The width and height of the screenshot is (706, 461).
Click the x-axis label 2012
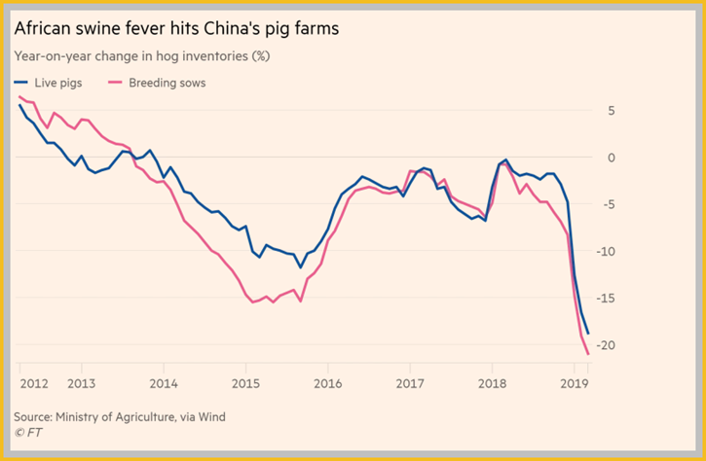click(x=34, y=383)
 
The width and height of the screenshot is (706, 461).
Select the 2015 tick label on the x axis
click(x=245, y=383)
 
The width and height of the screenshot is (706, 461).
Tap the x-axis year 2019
click(x=575, y=383)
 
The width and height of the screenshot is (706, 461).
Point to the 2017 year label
click(x=410, y=383)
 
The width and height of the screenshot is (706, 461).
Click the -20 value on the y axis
click(x=605, y=345)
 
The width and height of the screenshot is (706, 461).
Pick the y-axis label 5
click(x=611, y=111)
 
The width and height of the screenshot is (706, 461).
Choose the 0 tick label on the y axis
click(x=611, y=158)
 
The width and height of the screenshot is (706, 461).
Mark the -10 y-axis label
click(x=605, y=252)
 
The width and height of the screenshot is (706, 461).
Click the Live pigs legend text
click(x=58, y=84)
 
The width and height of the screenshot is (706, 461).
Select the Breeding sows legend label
click(x=167, y=83)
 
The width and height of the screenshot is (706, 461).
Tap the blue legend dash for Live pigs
click(x=20, y=83)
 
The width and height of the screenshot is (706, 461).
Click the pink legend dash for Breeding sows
click(x=115, y=83)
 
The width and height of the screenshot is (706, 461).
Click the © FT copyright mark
click(x=28, y=433)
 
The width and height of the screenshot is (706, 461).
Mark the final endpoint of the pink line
click(x=588, y=354)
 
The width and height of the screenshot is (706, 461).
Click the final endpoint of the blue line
click(x=588, y=334)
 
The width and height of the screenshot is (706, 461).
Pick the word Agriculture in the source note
click(x=144, y=417)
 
